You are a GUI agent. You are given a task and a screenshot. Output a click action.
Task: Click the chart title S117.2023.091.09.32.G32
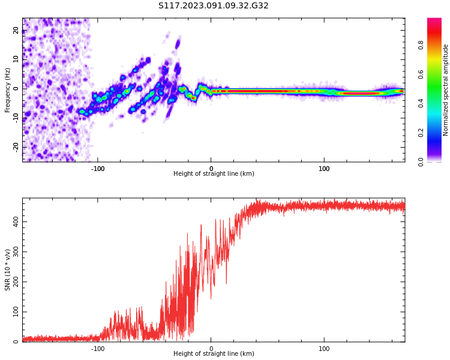214,6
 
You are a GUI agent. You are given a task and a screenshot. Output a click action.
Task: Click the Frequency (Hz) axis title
8,90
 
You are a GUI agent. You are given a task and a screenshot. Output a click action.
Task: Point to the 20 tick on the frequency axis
16,31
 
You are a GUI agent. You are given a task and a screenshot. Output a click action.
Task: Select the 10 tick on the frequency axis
16,59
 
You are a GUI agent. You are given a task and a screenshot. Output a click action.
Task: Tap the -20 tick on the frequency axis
16,146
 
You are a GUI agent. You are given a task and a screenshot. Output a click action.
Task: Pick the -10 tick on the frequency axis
16,118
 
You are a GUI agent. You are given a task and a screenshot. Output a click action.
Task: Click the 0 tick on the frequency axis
16,88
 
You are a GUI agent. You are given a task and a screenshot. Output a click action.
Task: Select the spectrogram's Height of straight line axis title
214,174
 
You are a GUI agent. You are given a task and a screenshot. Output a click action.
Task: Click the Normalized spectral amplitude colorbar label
446,90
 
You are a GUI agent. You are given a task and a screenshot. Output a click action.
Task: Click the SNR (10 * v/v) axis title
8,270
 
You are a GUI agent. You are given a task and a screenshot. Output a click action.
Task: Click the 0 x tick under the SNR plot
211,349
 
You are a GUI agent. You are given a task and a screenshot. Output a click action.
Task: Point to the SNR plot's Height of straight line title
214,354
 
